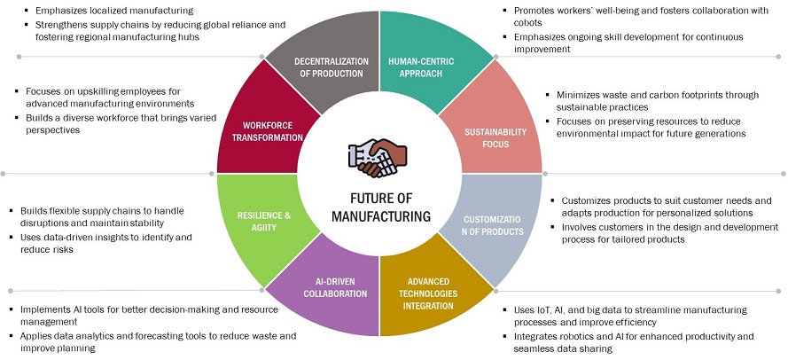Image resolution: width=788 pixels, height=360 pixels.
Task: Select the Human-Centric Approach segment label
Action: tap(421, 67)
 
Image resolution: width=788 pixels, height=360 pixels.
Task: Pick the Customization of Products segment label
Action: tap(494, 226)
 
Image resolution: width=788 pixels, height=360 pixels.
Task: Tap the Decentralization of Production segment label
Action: tap(339, 67)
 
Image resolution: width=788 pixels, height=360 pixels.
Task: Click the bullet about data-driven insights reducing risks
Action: tap(105, 244)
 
